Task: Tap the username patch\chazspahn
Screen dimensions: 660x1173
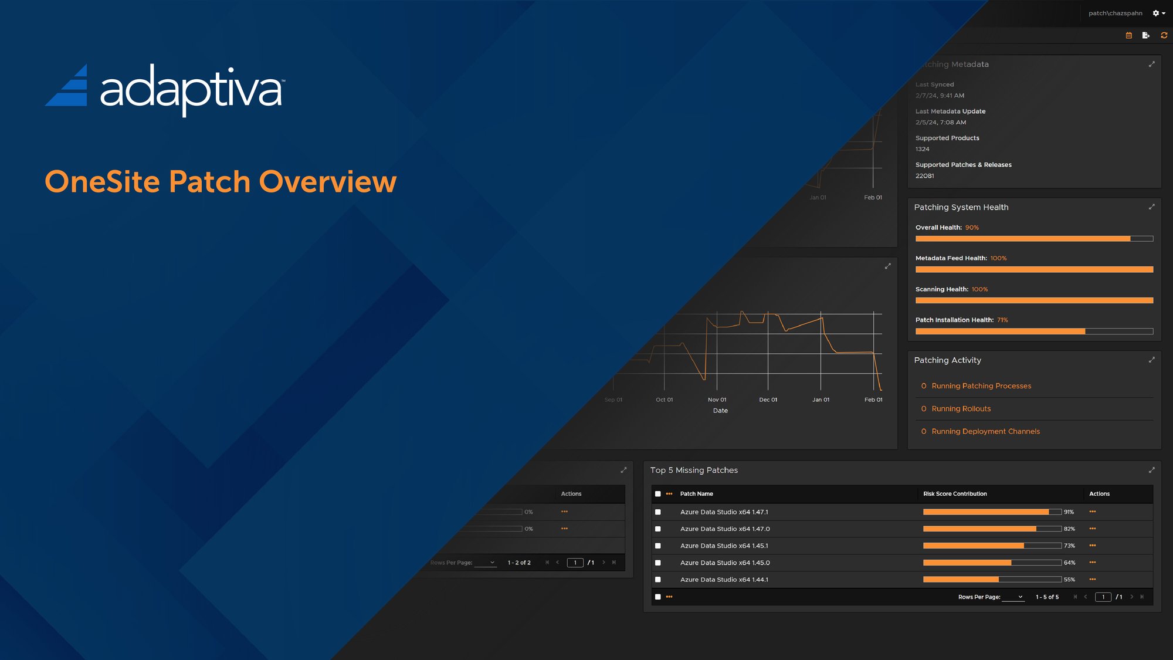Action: click(1115, 13)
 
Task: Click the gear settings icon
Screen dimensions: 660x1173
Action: click(1156, 13)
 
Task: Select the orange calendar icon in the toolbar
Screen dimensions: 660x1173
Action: click(1128, 36)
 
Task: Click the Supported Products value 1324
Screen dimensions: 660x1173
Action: click(922, 149)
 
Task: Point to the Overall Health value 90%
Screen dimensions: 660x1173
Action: click(972, 228)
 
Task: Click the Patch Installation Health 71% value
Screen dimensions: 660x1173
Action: click(1002, 320)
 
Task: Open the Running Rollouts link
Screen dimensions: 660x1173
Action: click(961, 409)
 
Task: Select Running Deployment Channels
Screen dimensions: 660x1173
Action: click(985, 432)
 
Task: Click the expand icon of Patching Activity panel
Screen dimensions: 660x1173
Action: click(1151, 360)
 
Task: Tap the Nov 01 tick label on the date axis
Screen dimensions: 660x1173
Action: click(717, 400)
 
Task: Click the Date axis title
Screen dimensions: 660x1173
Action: click(720, 411)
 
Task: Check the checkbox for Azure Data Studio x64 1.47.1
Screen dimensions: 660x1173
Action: click(658, 512)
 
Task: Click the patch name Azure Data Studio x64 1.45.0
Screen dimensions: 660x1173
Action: click(725, 563)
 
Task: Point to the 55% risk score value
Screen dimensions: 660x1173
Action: click(1069, 580)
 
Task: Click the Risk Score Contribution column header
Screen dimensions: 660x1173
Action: click(955, 494)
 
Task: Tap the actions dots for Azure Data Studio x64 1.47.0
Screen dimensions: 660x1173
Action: click(1093, 529)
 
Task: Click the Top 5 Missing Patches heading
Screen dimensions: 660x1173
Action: click(694, 471)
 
